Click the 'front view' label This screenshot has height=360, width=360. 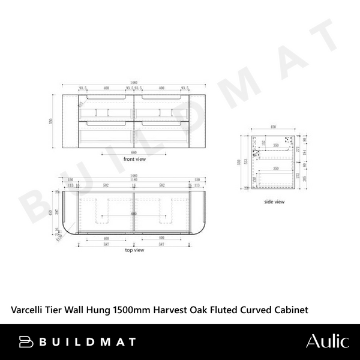coord(135,160)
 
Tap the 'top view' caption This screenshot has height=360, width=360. coord(134,250)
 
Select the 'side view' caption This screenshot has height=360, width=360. coord(274,202)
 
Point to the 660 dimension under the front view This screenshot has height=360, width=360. coord(135,152)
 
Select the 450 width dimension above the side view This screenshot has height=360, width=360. coord(274,127)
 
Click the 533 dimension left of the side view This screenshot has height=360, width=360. coord(245,162)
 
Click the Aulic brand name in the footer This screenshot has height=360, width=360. coord(326,341)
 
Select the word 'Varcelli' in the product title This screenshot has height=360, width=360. coord(28,310)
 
